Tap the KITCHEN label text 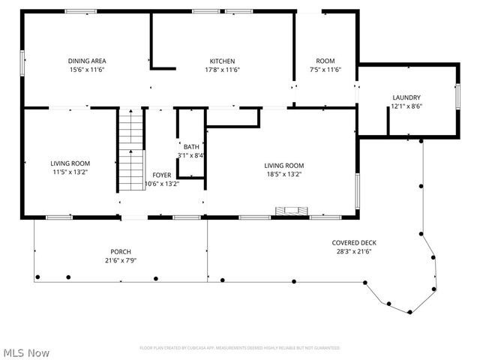point(222,61)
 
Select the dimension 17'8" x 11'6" point(222,70)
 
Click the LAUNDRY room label point(406,97)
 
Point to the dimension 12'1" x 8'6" point(406,106)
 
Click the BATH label point(191,147)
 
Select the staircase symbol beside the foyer point(130,150)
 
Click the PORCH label point(121,251)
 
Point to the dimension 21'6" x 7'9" point(121,260)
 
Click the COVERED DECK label point(354,242)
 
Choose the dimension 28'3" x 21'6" point(354,251)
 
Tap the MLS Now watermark point(26,352)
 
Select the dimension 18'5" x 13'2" point(283,174)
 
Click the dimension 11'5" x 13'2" point(70,172)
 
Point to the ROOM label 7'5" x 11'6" point(325,61)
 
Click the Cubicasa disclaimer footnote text point(240,348)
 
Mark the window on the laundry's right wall point(457,97)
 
